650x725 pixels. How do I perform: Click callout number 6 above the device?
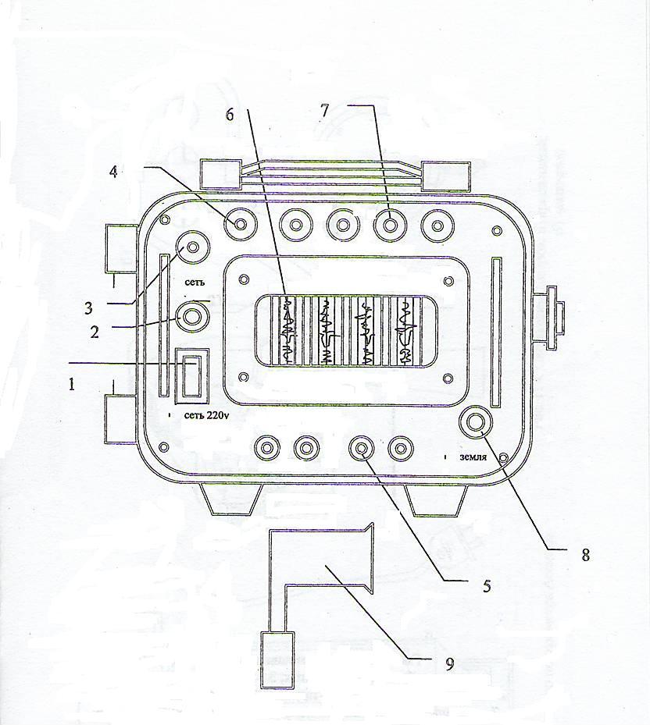[x=230, y=114]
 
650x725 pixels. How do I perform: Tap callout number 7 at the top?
[x=324, y=111]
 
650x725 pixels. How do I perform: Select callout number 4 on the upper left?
[x=113, y=172]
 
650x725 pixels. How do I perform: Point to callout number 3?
[x=88, y=308]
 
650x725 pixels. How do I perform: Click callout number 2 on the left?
[x=95, y=332]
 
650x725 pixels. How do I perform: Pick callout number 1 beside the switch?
[x=72, y=384]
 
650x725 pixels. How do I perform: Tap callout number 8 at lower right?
[x=586, y=555]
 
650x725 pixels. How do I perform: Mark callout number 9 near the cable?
[x=449, y=664]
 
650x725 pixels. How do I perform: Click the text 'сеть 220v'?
[x=207, y=415]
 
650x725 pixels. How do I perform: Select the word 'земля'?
[x=473, y=457]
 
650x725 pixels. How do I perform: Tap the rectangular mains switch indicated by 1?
[x=191, y=375]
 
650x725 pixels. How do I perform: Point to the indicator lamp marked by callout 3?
[x=192, y=247]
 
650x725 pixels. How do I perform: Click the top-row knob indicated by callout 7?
[x=390, y=226]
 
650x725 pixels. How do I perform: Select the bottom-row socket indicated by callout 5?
[x=362, y=448]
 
